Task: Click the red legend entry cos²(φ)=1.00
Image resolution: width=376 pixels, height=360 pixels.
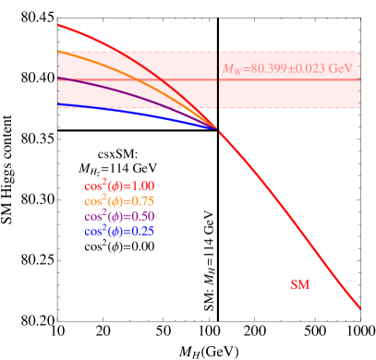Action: (118, 186)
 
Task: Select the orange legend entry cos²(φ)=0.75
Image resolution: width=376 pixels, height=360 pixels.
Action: (118, 201)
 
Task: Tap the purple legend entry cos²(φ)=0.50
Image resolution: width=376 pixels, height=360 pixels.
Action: (118, 216)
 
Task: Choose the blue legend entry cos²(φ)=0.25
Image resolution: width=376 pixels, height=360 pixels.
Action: (118, 231)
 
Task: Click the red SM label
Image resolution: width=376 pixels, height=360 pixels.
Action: (300, 285)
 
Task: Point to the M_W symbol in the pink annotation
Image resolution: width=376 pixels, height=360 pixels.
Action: (231, 68)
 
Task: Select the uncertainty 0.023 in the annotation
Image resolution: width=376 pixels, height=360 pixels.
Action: (310, 68)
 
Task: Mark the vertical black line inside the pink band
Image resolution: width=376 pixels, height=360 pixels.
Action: (218, 92)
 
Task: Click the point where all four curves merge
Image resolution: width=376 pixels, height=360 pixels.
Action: (218, 128)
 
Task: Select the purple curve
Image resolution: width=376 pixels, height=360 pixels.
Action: (139, 93)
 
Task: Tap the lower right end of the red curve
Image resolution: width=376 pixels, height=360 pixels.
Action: (359, 307)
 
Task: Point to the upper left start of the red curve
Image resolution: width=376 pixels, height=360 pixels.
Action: (58, 25)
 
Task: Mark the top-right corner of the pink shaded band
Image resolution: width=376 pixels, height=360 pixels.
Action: (360, 52)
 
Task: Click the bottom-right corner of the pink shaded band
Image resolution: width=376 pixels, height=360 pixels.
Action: (360, 108)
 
